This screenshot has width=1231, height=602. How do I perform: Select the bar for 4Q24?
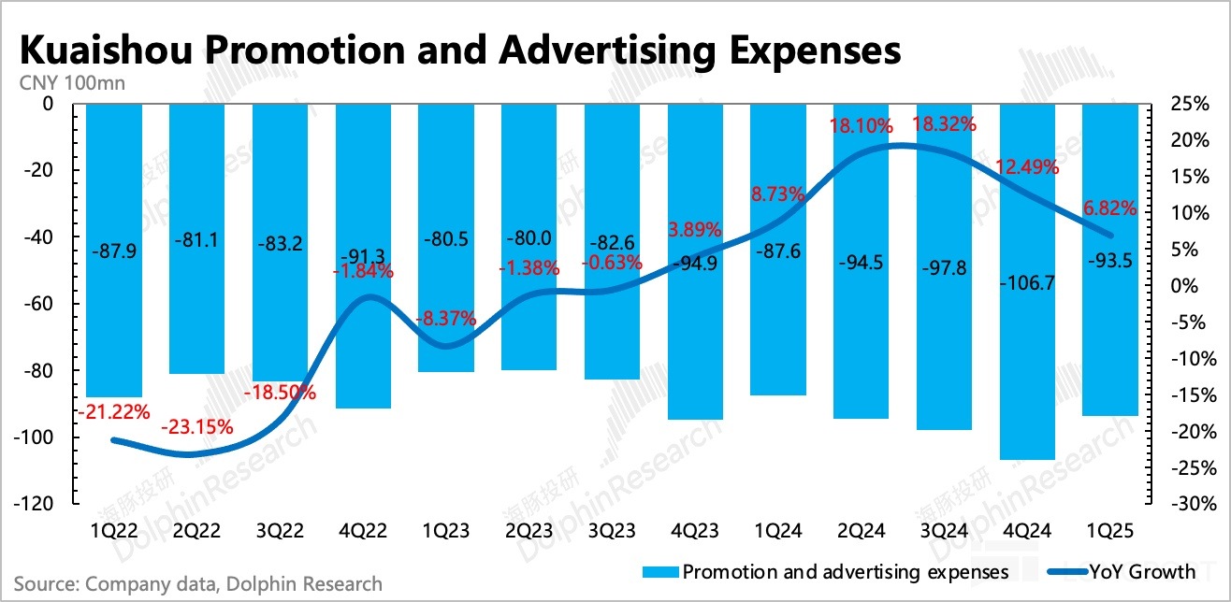1027,280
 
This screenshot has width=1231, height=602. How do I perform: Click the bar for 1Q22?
113,251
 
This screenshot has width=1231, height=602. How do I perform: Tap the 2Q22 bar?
196,238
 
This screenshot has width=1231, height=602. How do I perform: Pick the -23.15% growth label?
196,428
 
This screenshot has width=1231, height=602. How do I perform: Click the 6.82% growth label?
1110,208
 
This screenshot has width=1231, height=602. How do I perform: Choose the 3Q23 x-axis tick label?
612,530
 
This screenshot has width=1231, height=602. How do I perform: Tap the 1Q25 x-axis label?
1110,530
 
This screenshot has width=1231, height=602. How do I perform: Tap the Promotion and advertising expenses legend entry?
833,571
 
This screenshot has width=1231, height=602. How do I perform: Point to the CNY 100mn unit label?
72,82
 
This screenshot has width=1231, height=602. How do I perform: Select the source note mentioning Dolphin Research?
198,584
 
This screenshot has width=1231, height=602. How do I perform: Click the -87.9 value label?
113,251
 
